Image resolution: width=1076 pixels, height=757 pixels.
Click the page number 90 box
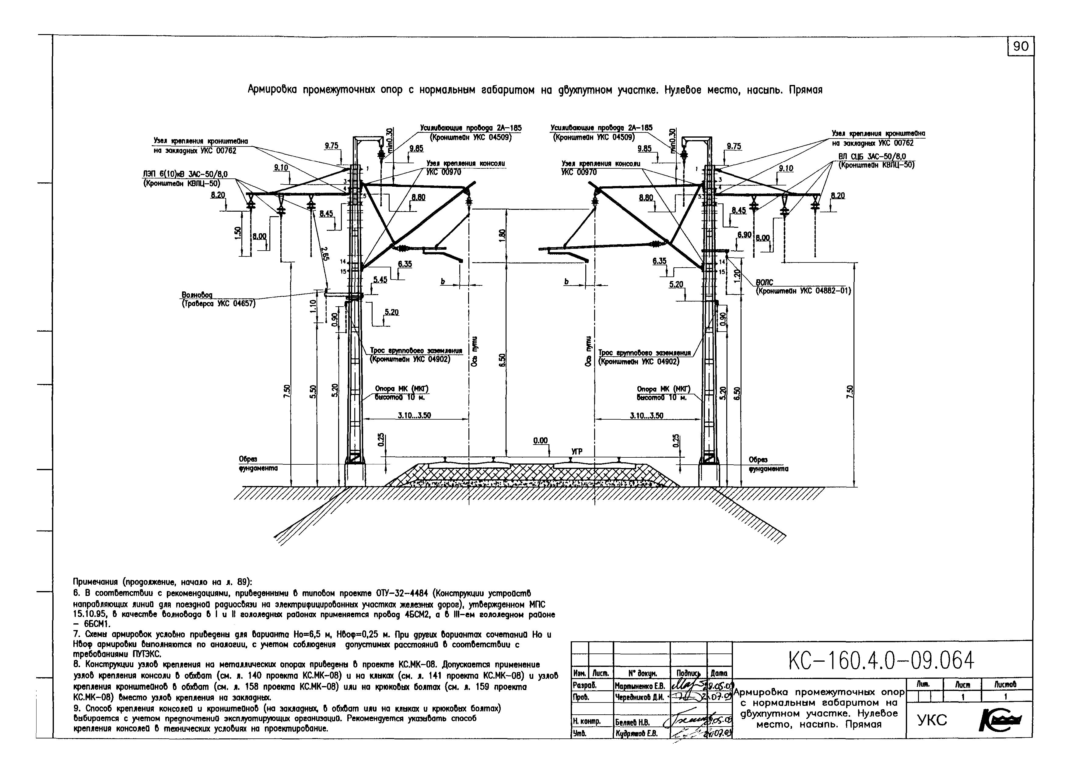(1021, 46)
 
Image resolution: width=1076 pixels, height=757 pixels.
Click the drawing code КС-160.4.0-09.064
(881, 661)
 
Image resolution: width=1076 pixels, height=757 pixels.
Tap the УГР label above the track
(577, 451)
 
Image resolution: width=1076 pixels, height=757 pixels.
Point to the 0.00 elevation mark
(540, 441)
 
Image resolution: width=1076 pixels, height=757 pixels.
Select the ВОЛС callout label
(764, 282)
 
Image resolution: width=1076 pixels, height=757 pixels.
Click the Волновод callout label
(197, 295)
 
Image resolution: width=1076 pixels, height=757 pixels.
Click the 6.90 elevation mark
(744, 234)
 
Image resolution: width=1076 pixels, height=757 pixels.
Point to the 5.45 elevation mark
(380, 280)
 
